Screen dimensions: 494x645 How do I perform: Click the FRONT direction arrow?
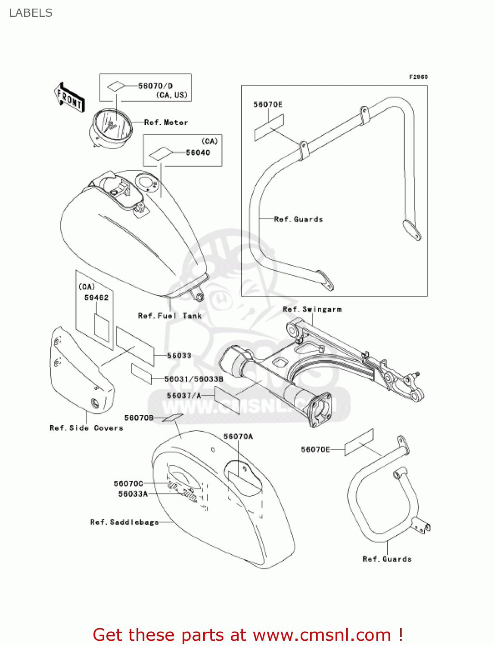69,97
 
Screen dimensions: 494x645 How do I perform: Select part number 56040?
198,153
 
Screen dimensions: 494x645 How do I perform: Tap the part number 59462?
96,298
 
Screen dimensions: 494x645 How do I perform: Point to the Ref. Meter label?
166,122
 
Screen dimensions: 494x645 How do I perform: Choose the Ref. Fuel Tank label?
170,316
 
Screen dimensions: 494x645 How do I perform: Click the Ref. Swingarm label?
312,309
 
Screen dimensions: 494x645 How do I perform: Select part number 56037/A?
184,396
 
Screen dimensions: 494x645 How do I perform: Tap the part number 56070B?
139,418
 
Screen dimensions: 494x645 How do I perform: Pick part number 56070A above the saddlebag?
238,436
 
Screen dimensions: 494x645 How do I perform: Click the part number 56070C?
129,483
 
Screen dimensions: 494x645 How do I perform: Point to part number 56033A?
133,494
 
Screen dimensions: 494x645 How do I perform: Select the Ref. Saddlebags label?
124,522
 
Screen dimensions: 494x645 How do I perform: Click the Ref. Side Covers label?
86,428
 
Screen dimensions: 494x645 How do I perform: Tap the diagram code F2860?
418,77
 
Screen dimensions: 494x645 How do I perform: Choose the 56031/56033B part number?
194,379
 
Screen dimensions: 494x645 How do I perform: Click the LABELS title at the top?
31,13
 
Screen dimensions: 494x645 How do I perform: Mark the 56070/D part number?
155,86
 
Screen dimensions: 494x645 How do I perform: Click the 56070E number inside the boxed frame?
268,104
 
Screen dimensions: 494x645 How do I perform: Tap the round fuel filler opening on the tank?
146,183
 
